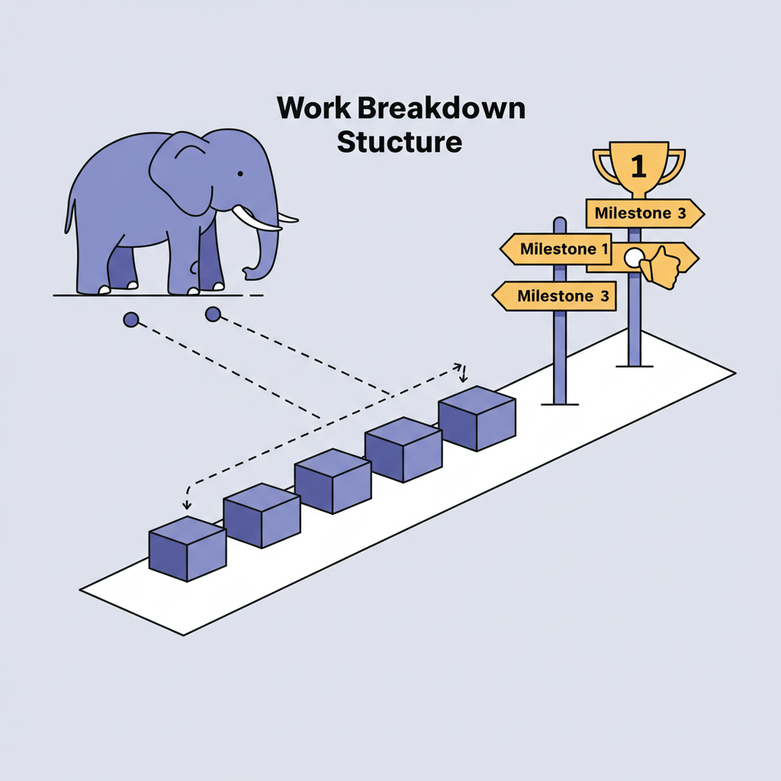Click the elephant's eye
click(239, 175)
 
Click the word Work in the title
click(312, 108)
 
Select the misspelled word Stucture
click(399, 142)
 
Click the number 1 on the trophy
click(639, 165)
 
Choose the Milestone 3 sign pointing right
click(643, 214)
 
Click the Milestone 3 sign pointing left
click(554, 296)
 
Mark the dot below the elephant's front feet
click(213, 313)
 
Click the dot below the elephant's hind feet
click(131, 320)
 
